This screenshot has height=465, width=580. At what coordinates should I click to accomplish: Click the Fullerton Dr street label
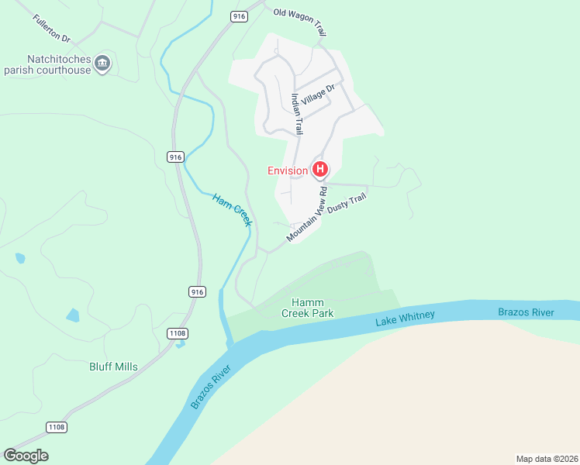[52, 28]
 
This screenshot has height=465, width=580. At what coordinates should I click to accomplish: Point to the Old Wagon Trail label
[299, 22]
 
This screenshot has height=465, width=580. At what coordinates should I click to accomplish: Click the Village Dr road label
[318, 95]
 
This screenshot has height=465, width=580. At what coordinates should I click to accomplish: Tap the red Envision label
[288, 170]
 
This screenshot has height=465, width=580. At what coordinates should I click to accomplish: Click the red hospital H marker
[319, 169]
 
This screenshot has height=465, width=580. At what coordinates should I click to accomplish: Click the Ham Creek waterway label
[233, 209]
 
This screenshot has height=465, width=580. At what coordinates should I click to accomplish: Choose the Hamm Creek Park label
[312, 308]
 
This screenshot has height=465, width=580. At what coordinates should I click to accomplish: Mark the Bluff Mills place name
[112, 367]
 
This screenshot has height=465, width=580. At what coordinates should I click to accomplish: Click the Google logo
[26, 456]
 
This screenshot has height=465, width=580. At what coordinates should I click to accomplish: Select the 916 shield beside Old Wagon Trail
[238, 15]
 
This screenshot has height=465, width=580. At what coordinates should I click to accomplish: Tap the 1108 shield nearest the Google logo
[56, 427]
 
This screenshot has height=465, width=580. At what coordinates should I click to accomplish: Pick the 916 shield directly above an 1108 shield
[196, 291]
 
